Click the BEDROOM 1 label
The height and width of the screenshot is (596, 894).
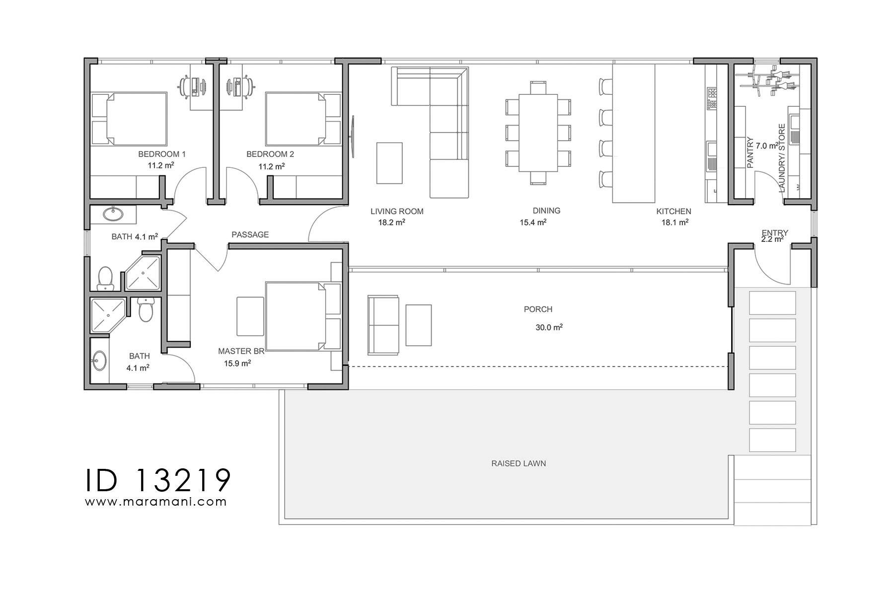pyautogui.click(x=161, y=154)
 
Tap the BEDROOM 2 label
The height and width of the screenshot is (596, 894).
pyautogui.click(x=270, y=154)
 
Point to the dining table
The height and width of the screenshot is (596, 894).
pyautogui.click(x=538, y=133)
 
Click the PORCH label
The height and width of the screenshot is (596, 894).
pyautogui.click(x=538, y=309)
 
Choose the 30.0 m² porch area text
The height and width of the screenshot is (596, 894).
pyautogui.click(x=548, y=328)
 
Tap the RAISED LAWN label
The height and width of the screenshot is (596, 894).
pyautogui.click(x=519, y=463)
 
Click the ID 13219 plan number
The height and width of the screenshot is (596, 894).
pyautogui.click(x=158, y=479)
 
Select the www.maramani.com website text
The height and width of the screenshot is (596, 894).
pyautogui.click(x=156, y=502)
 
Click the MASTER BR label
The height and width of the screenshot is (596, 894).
pyautogui.click(x=241, y=351)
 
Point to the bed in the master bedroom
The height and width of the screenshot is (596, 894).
pyautogui.click(x=296, y=316)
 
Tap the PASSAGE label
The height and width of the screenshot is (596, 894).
pyautogui.click(x=250, y=234)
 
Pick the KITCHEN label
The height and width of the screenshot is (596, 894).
pyautogui.click(x=673, y=211)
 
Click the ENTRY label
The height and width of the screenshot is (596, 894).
pyautogui.click(x=775, y=232)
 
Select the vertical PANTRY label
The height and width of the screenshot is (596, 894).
pyautogui.click(x=750, y=153)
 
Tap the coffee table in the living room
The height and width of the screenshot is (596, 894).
pyautogui.click(x=389, y=163)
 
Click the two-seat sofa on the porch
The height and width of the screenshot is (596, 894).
pyautogui.click(x=383, y=325)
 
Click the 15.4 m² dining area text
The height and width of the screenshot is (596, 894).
pyautogui.click(x=533, y=223)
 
